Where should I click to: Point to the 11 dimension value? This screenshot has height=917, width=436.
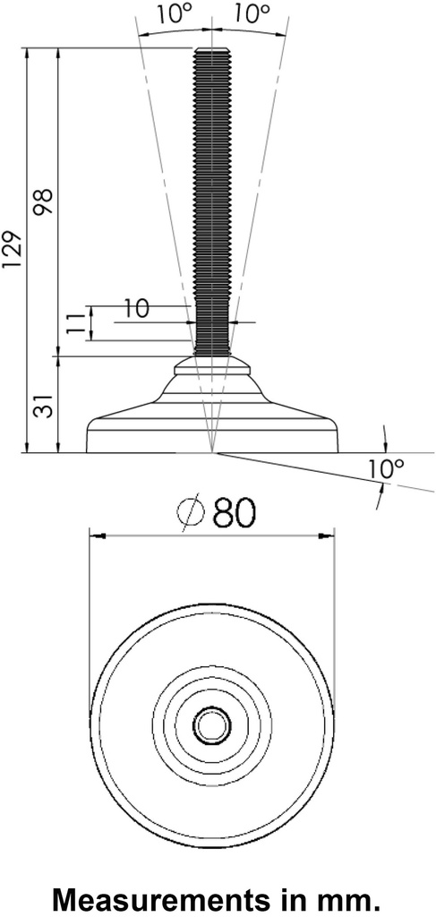pos(77,323)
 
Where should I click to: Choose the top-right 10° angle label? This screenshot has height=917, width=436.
pos(253,15)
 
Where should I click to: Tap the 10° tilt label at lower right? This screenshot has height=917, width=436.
pos(386,469)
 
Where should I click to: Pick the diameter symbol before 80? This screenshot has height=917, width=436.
pos(192,514)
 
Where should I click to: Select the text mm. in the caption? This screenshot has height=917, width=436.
pos(361,896)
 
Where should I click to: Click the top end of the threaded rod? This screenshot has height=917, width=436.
pos(212,51)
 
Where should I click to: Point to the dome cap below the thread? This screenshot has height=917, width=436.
pos(212,364)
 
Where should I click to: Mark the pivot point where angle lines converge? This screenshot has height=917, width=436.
pos(212,453)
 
